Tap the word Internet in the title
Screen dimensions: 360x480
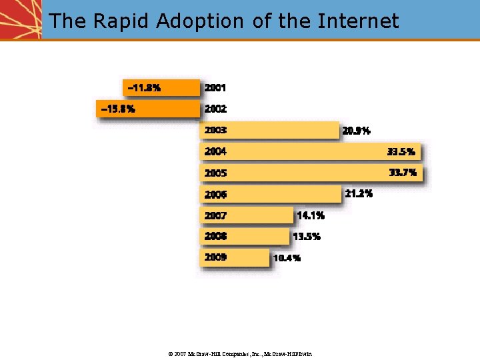click(x=358, y=21)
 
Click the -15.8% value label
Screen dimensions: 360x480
click(x=117, y=109)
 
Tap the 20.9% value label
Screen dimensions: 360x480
click(x=356, y=131)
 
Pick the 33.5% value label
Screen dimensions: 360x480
click(x=401, y=152)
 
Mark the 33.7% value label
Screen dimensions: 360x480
click(x=403, y=173)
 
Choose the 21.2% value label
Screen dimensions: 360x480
click(x=359, y=194)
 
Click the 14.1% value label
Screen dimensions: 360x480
click(x=311, y=215)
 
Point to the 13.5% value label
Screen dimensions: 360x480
click(x=307, y=237)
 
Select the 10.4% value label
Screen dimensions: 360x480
click(x=287, y=258)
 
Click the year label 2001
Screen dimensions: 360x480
click(x=215, y=87)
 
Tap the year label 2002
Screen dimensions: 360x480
click(x=215, y=109)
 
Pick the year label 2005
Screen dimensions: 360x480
click(x=215, y=173)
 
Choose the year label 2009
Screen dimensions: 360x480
click(x=215, y=257)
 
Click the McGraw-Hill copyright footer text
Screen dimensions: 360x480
click(x=239, y=353)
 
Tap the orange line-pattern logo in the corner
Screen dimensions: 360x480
click(x=20, y=19)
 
